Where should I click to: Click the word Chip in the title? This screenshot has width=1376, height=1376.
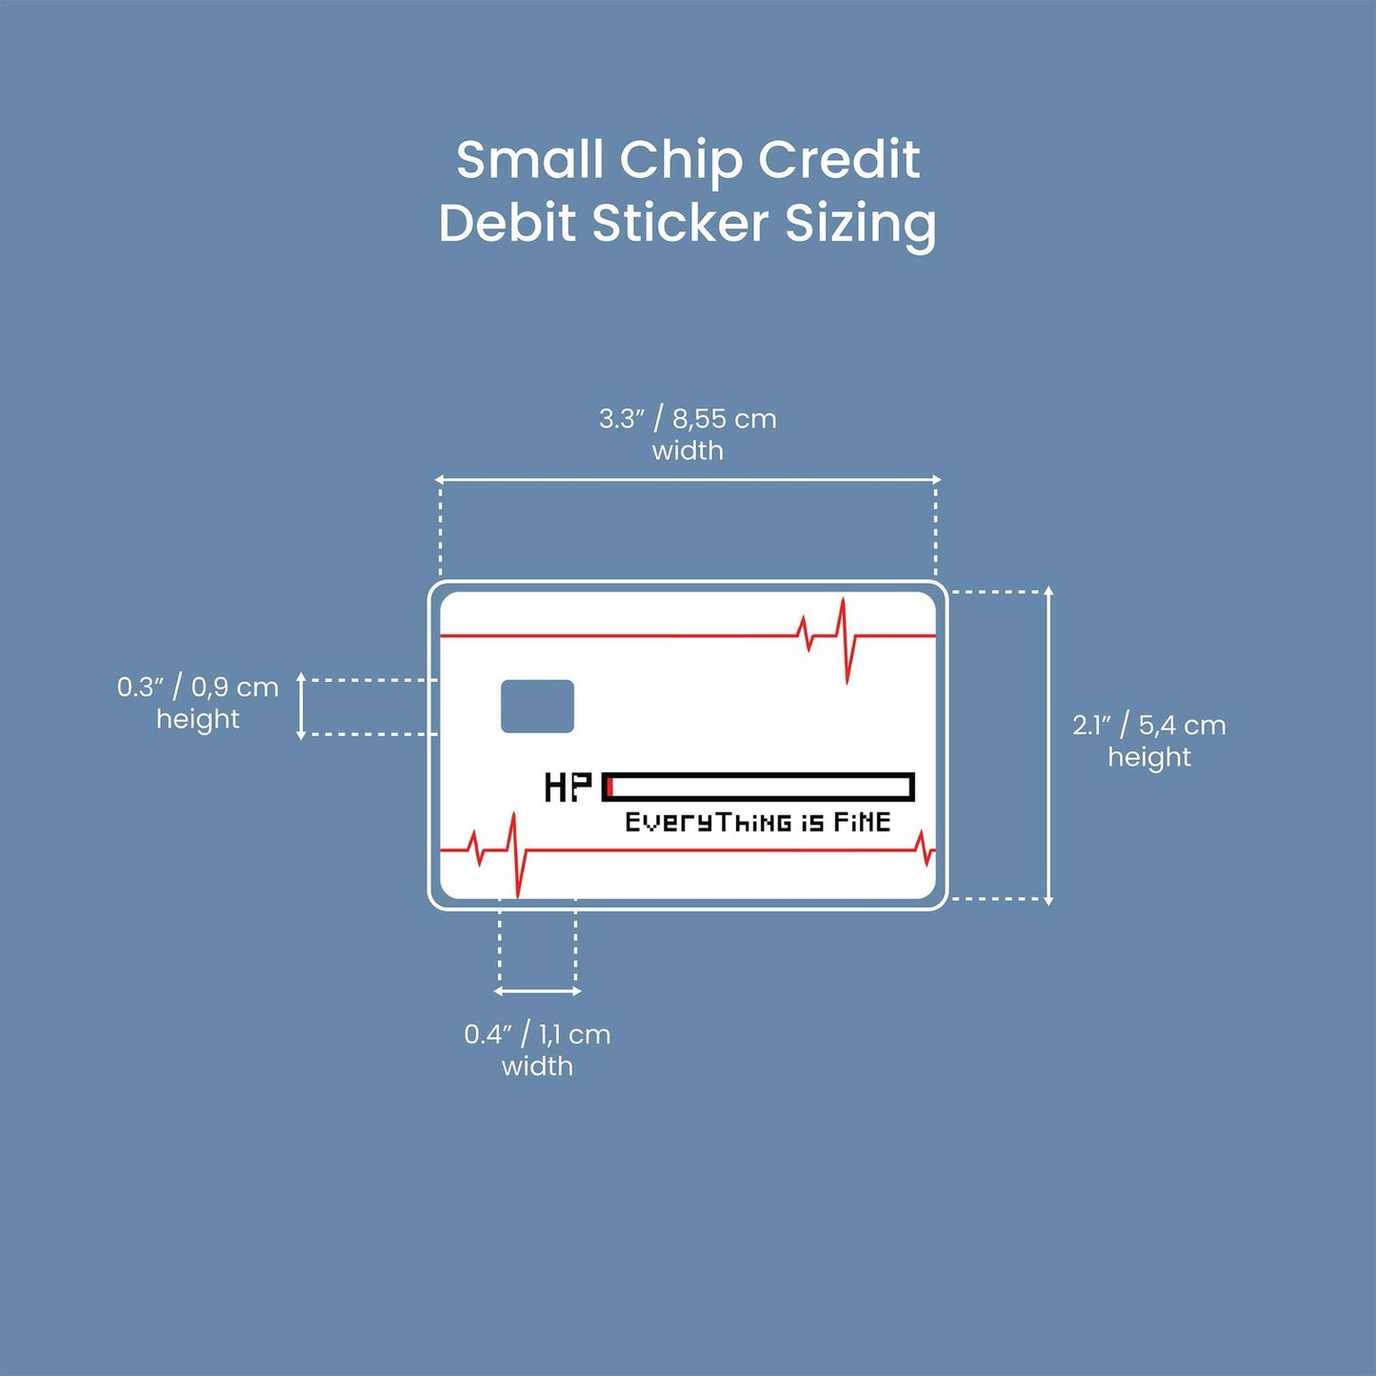click(680, 160)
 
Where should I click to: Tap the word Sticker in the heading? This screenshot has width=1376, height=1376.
click(680, 224)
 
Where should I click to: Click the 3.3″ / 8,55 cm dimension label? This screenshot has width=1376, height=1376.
click(688, 419)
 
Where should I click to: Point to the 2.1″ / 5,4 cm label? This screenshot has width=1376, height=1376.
click(1148, 726)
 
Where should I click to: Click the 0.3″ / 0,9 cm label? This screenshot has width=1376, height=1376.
click(198, 688)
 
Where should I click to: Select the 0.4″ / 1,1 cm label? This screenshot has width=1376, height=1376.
click(537, 1034)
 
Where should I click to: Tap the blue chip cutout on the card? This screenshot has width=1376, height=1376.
click(537, 707)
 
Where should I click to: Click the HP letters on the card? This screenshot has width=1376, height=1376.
click(568, 788)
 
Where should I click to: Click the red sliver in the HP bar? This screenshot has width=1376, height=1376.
click(610, 788)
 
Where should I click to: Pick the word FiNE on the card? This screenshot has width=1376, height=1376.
click(862, 822)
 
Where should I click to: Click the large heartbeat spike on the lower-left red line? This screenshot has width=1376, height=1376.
click(515, 852)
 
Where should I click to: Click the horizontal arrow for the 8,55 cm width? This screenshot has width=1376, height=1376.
click(688, 480)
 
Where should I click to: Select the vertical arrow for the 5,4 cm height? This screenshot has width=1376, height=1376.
click(1049, 745)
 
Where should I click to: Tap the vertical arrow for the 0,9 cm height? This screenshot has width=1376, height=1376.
click(301, 706)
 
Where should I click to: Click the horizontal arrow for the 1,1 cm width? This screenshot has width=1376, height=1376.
click(537, 991)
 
